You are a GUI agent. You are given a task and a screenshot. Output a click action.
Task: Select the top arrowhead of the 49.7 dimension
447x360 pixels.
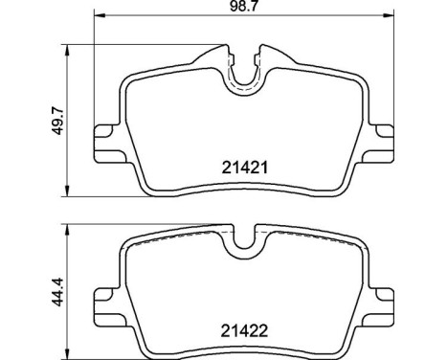click(x=65, y=46)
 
